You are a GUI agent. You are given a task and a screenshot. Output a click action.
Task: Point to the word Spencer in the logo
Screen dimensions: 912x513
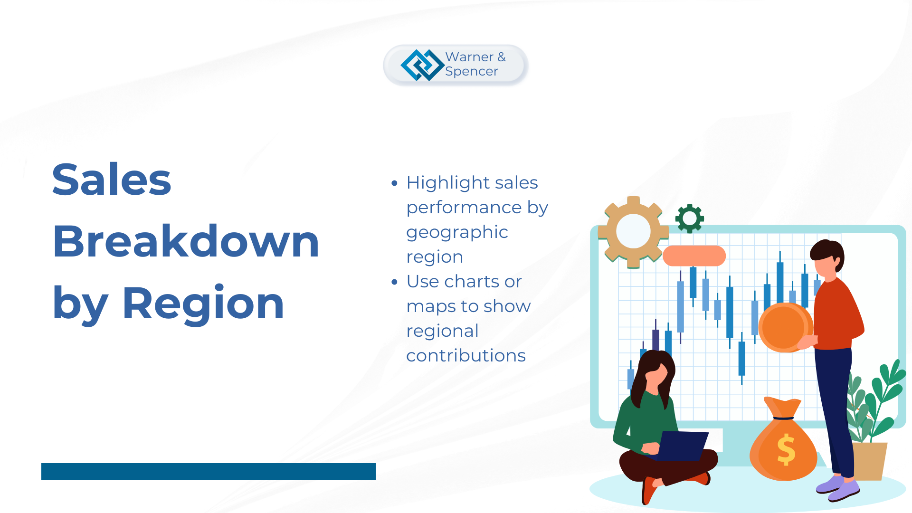click(x=472, y=72)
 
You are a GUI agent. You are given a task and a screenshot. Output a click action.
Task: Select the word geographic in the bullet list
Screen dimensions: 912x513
click(x=457, y=233)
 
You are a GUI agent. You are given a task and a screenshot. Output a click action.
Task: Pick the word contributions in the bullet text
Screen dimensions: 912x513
click(x=466, y=355)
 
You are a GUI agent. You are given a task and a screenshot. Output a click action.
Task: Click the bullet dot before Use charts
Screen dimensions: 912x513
click(x=394, y=282)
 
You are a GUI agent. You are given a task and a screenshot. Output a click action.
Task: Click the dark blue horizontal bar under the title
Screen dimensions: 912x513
click(x=209, y=472)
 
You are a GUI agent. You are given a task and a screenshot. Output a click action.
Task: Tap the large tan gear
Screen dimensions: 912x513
click(x=633, y=232)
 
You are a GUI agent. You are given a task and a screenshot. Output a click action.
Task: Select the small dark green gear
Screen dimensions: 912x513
click(x=690, y=218)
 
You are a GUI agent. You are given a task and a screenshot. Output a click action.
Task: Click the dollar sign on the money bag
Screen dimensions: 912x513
click(x=786, y=449)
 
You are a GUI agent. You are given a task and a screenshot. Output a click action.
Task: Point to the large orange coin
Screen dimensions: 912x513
click(x=785, y=327)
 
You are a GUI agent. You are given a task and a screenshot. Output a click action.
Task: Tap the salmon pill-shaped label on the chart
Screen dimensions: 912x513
click(x=694, y=256)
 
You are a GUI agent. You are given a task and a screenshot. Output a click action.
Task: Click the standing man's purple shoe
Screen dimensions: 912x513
click(x=844, y=491)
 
